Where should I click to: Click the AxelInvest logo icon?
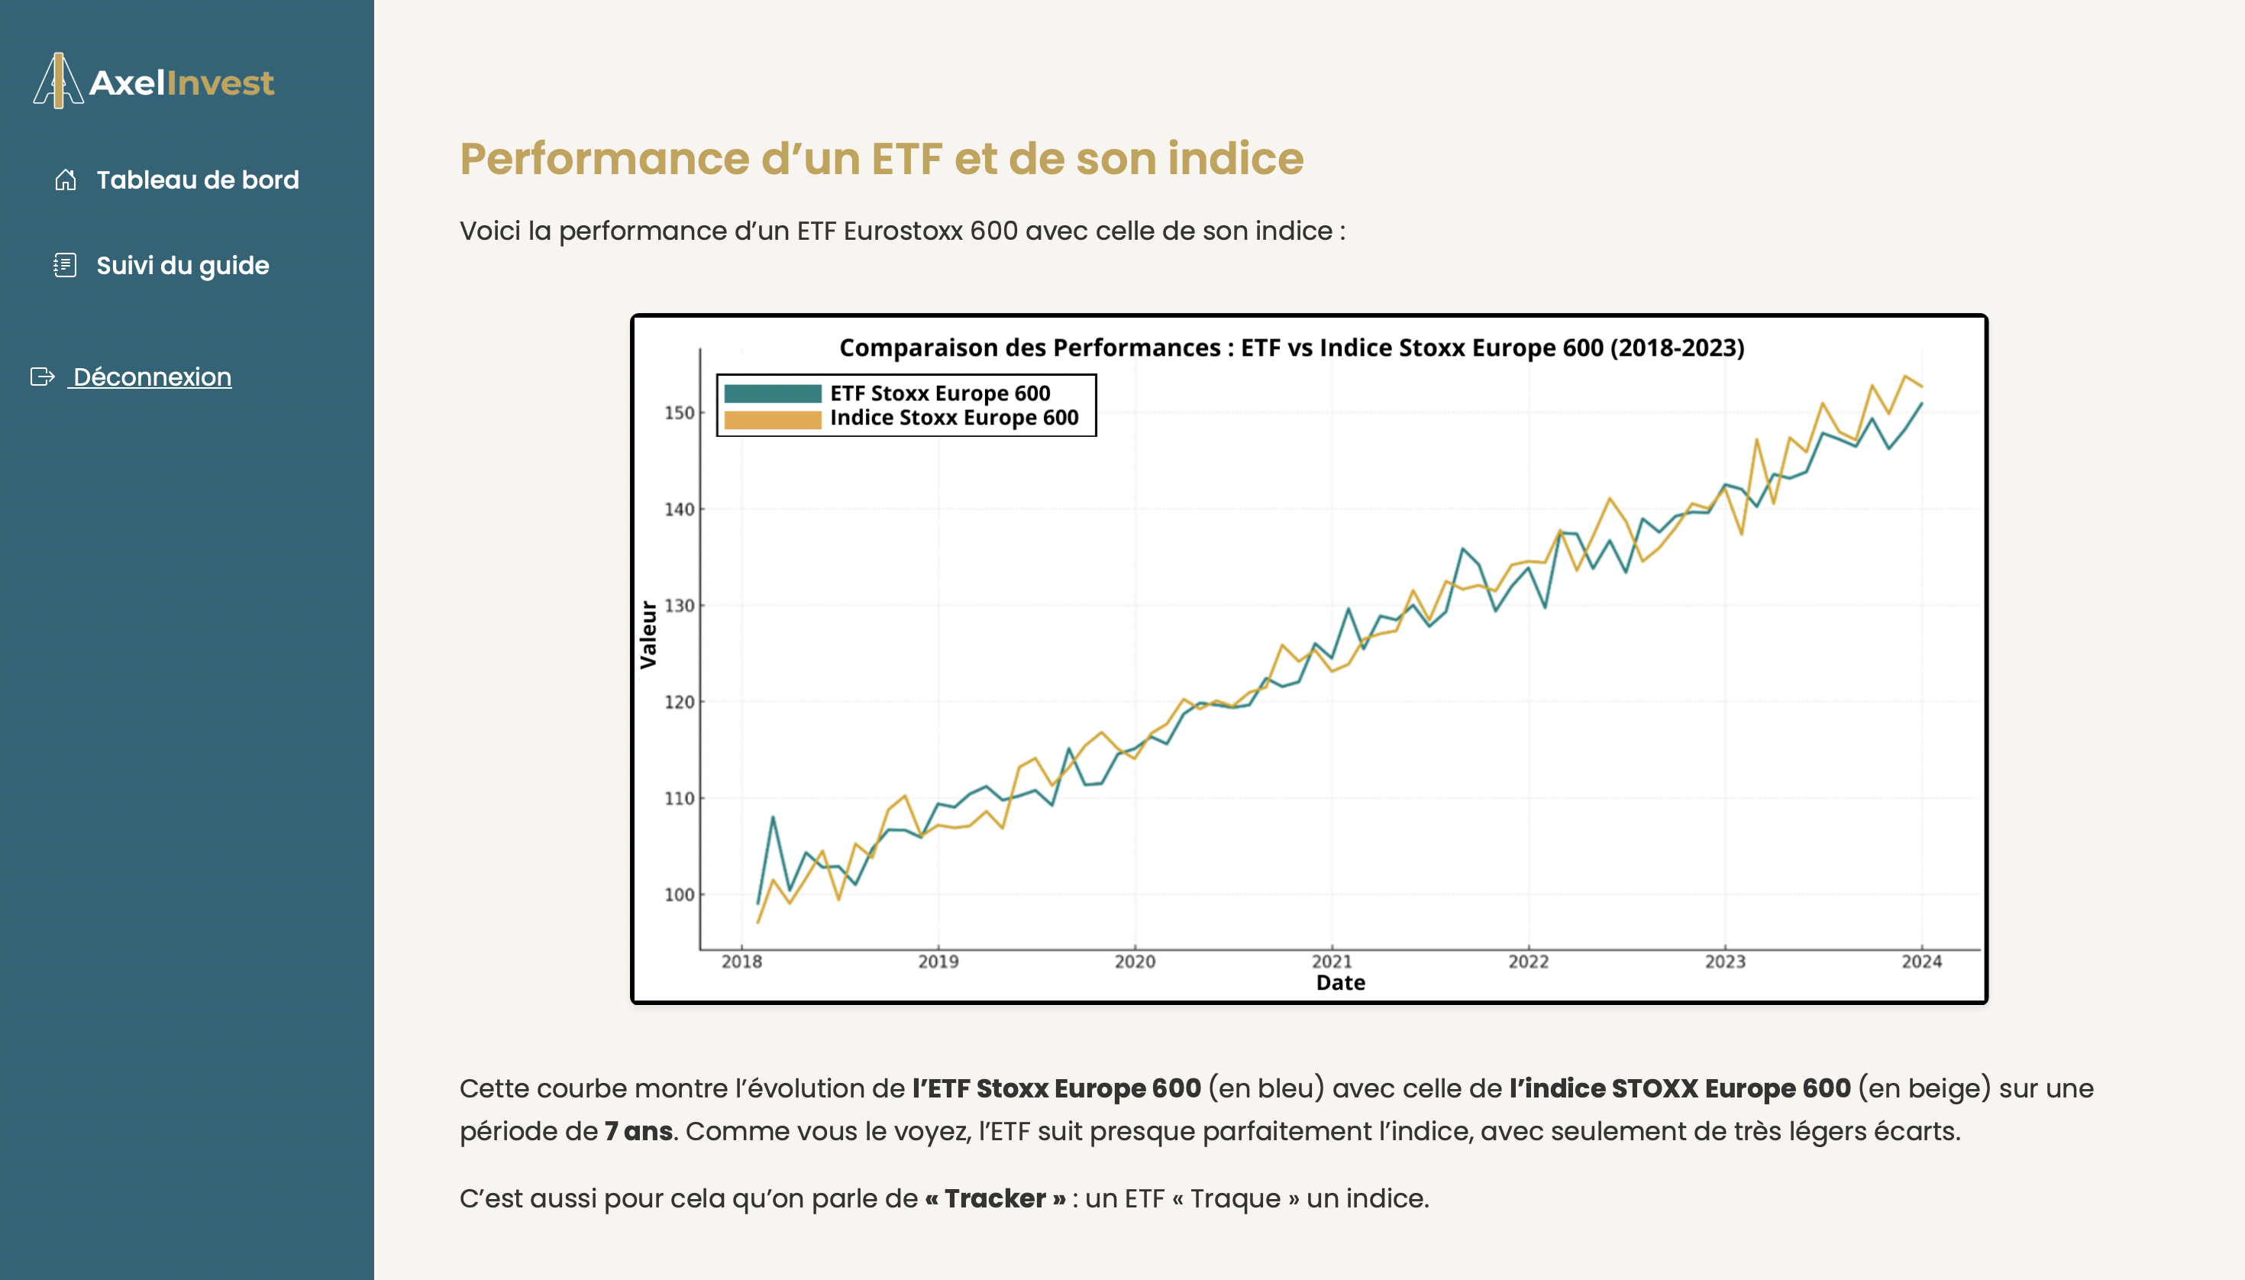click(x=58, y=81)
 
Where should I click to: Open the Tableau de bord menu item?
click(x=197, y=180)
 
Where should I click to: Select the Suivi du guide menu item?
click(x=182, y=266)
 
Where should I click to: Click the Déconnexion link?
click(x=151, y=377)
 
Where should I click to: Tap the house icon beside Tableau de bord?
click(x=65, y=180)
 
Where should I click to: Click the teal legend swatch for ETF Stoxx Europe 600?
click(x=772, y=393)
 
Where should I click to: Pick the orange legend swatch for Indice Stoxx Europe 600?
click(x=772, y=419)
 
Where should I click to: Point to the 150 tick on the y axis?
click(x=679, y=412)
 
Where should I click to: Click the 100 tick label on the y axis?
click(x=679, y=895)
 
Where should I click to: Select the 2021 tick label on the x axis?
click(x=1332, y=962)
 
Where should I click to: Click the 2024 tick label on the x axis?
click(x=1921, y=962)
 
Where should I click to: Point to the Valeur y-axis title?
click(x=648, y=635)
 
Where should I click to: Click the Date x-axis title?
click(x=1339, y=983)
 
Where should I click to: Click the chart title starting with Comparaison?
click(x=1291, y=348)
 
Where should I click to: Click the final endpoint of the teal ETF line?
click(x=1921, y=403)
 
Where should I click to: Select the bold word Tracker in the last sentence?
click(x=994, y=1199)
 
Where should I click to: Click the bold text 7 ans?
click(x=638, y=1131)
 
